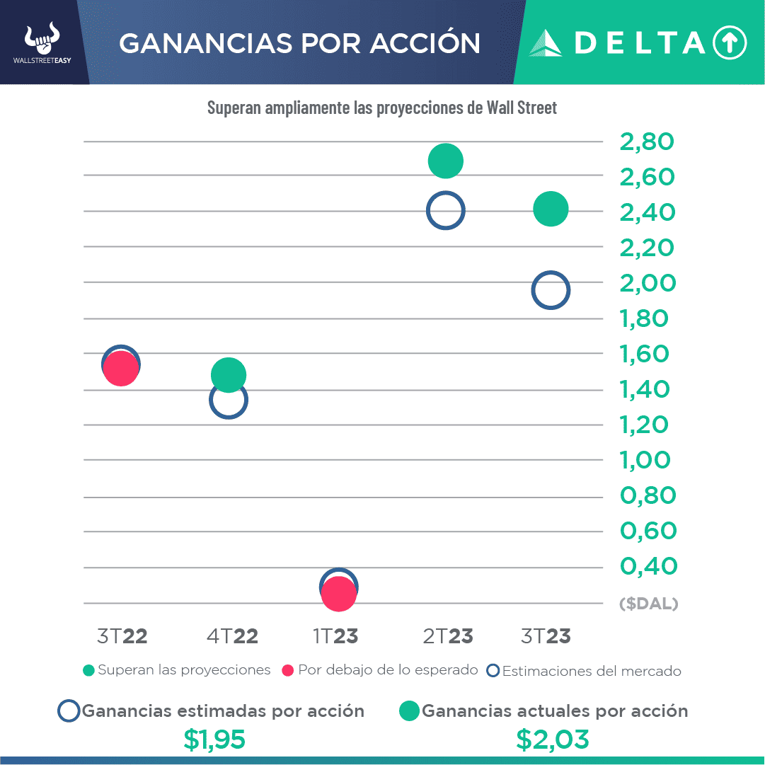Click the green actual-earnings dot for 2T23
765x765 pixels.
446,161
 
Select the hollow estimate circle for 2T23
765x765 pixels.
445,210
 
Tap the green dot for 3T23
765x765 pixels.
551,209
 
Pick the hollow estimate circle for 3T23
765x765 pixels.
551,290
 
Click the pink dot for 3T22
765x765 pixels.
120,369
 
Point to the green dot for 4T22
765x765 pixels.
228,374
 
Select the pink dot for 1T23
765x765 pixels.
338,594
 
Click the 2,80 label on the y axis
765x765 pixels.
647,142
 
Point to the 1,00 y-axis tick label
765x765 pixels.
645,460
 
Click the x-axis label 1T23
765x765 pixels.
335,636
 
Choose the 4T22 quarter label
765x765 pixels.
232,636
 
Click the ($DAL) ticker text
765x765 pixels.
648,604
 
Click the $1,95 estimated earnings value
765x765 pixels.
214,739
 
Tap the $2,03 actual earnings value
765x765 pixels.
553,739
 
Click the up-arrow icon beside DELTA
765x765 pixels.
730,43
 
